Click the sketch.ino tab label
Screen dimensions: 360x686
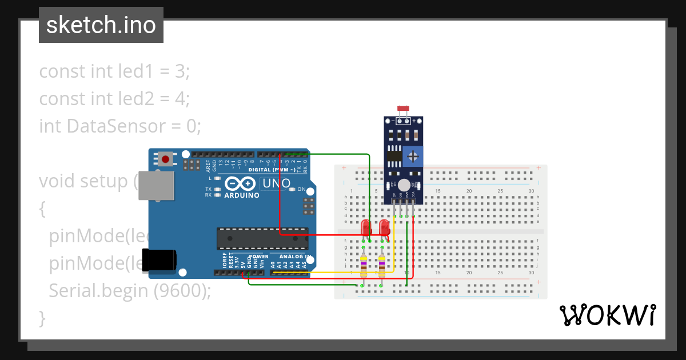pos(101,25)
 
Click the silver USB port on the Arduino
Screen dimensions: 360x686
pos(155,186)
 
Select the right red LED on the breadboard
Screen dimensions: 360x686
pos(384,227)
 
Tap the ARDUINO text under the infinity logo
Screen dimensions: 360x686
pos(241,195)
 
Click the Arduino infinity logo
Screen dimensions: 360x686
pos(241,184)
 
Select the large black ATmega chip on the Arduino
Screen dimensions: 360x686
pos(262,238)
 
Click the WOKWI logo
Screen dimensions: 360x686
pos(607,315)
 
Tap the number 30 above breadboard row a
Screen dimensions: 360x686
pos(531,190)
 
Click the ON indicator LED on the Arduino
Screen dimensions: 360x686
pos(293,189)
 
